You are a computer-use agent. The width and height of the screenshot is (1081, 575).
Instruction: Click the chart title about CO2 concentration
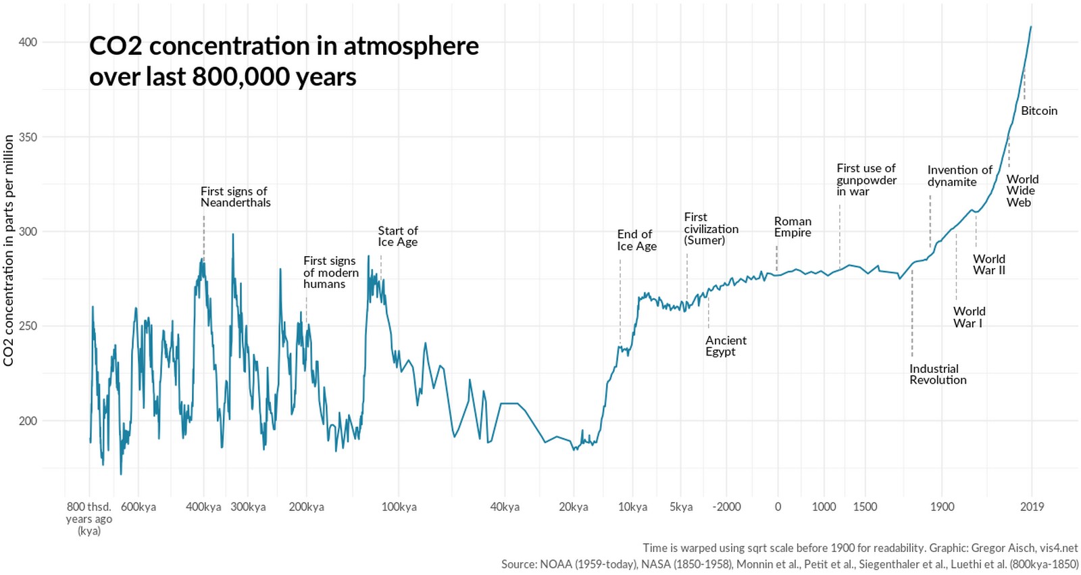click(x=284, y=61)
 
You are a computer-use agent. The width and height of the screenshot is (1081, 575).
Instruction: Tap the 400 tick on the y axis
click(x=28, y=42)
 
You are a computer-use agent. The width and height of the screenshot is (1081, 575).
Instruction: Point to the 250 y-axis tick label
click(x=28, y=326)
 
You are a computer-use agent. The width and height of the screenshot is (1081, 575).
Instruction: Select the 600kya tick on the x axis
click(x=139, y=507)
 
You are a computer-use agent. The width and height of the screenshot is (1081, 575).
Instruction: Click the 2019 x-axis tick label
click(x=1032, y=507)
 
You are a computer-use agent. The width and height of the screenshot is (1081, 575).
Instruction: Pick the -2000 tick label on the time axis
click(x=726, y=507)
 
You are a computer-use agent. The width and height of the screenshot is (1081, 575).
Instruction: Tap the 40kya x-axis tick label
click(x=505, y=507)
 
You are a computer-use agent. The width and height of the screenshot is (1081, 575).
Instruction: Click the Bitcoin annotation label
click(x=1038, y=111)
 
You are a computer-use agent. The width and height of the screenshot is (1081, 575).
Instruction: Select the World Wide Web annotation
click(x=1022, y=191)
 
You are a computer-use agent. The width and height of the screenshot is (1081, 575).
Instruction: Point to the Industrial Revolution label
click(x=938, y=374)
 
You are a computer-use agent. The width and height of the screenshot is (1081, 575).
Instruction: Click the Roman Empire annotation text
click(x=793, y=227)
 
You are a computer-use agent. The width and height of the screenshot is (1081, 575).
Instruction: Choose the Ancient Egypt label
click(x=726, y=346)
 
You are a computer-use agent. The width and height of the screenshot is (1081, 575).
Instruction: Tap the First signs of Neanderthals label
click(x=235, y=197)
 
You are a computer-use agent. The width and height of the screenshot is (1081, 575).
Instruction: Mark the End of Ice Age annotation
click(x=636, y=240)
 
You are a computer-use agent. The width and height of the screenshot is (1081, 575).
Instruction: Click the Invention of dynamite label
click(x=959, y=176)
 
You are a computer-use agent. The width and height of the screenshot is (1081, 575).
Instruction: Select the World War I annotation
click(x=969, y=317)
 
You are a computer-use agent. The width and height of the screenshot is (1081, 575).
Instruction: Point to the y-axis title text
click(x=9, y=250)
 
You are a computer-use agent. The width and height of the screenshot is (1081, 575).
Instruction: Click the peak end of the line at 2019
click(x=1030, y=27)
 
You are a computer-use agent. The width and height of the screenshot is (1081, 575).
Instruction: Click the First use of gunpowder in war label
click(x=866, y=180)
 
